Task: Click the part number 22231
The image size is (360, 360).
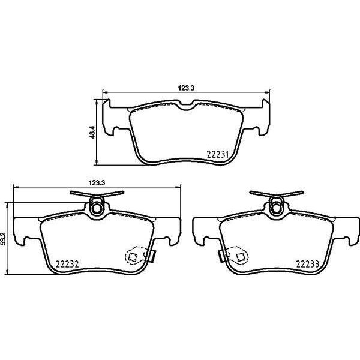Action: (x=218, y=154)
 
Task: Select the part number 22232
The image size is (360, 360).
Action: (x=68, y=262)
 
